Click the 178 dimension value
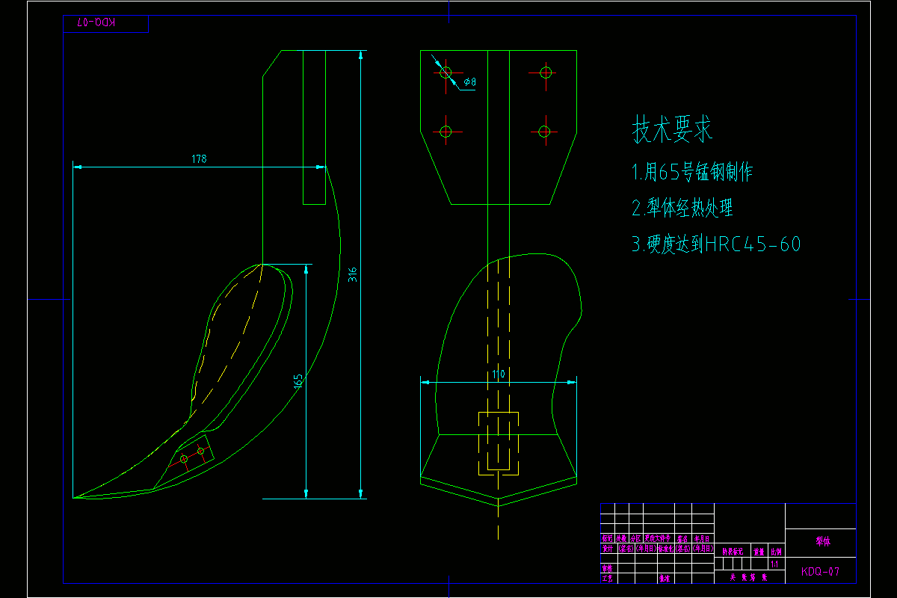(199, 159)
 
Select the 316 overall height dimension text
(353, 274)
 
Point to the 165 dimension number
(298, 381)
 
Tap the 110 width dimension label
(499, 374)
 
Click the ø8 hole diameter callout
(470, 81)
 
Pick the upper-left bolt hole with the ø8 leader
(446, 73)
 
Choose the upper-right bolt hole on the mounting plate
(545, 73)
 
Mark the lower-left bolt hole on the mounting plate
(446, 132)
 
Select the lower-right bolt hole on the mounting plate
(545, 132)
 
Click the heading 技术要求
(673, 130)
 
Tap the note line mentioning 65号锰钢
(692, 173)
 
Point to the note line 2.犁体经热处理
(682, 208)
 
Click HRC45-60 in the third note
(753, 244)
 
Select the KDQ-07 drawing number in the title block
(820, 572)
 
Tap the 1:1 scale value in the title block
(774, 563)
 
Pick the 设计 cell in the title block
(608, 549)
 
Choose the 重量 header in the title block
(759, 552)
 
